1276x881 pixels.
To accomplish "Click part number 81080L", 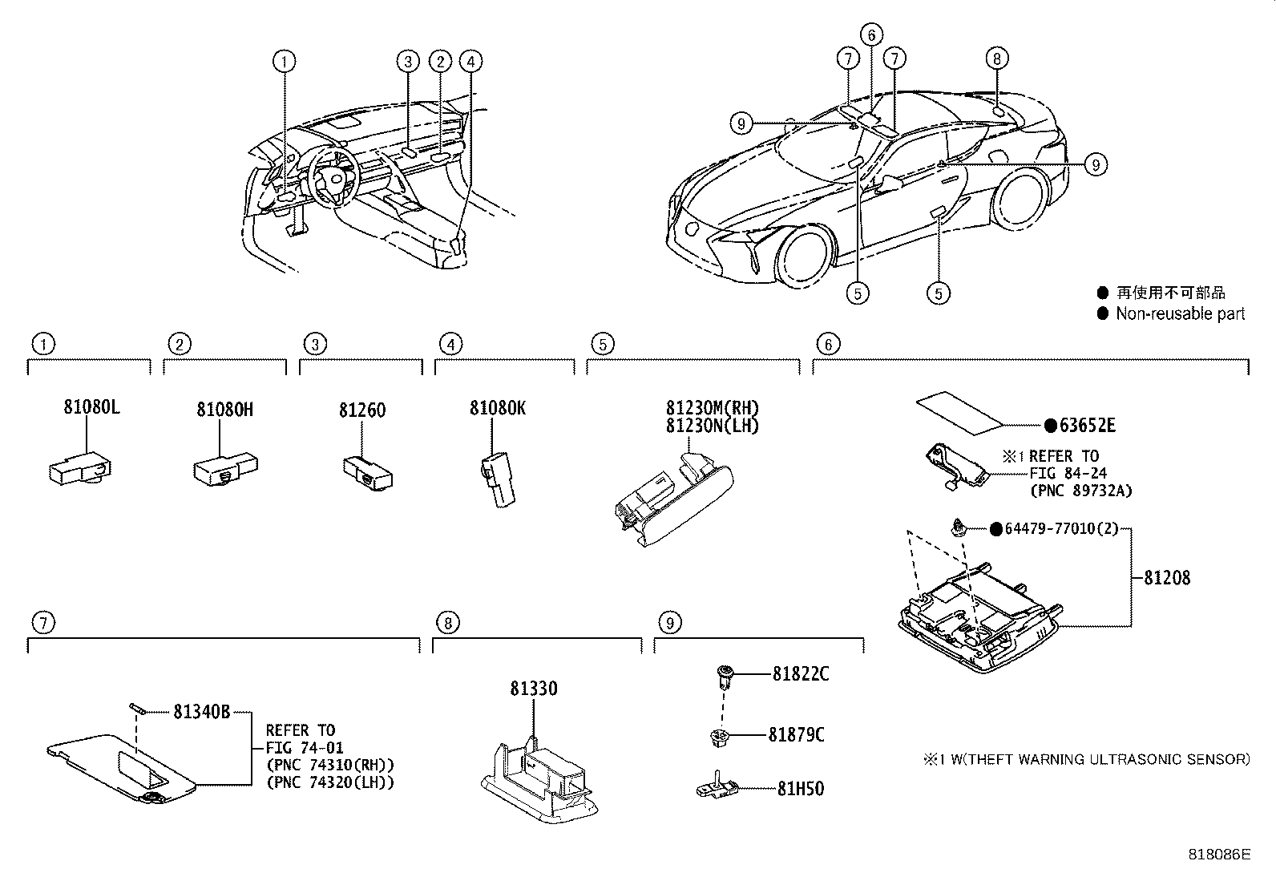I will [x=91, y=407].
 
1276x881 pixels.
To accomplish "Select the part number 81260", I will [x=361, y=410].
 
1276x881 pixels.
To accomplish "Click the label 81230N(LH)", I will [x=712, y=426].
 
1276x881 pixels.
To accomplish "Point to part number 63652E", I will [x=1086, y=426].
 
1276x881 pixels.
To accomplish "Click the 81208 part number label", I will [x=1166, y=577].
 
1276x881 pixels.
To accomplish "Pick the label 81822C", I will [x=801, y=674].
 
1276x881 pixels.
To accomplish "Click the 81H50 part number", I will [x=801, y=789].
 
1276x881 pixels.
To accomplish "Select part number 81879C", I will [x=796, y=734].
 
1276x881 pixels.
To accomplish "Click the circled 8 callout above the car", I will [x=996, y=59].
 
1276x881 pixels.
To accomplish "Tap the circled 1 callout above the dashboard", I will [x=284, y=61].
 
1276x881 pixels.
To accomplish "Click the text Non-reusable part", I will [x=1180, y=313].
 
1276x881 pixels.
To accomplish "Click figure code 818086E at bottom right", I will [x=1219, y=855].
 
